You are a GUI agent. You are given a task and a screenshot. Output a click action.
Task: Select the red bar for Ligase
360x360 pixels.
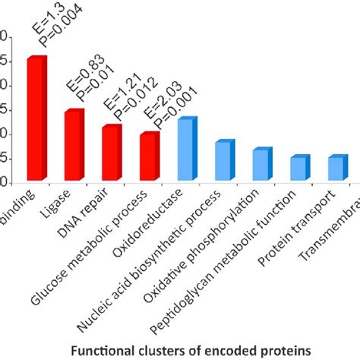pos(73,146)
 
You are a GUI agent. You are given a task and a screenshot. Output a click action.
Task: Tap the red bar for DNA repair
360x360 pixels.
pos(111,153)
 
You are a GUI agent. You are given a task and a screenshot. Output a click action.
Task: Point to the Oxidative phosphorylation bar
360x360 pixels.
pos(261,166)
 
